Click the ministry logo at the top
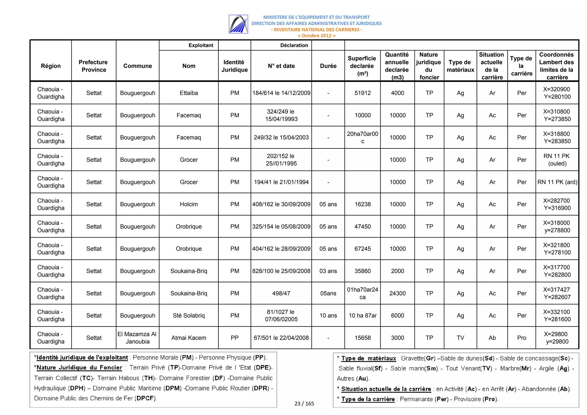238,24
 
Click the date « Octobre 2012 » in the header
316,36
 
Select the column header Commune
138,66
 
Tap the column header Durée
328,66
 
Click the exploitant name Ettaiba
189,93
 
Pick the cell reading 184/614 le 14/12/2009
281,93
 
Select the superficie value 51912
362,93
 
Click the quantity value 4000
397,93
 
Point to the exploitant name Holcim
189,204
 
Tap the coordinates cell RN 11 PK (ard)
557,182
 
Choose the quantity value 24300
397,293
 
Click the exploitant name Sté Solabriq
189,315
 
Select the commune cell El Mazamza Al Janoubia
138,338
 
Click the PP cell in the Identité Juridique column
234,338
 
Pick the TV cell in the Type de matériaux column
460,338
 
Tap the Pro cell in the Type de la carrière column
521,338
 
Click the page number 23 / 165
304,404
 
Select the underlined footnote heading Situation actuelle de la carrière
386,389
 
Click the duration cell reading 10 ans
328,315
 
